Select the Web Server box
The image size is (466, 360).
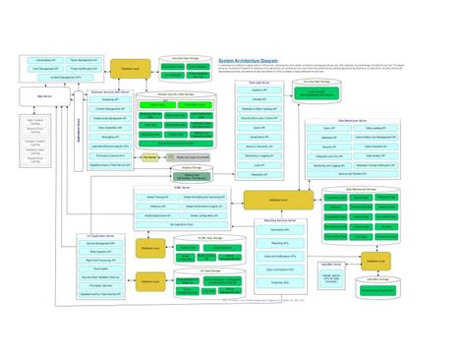click(x=44, y=96)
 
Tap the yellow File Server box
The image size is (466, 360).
click(x=149, y=156)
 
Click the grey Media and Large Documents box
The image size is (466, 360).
click(x=193, y=157)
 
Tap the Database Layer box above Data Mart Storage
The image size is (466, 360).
click(x=373, y=260)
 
